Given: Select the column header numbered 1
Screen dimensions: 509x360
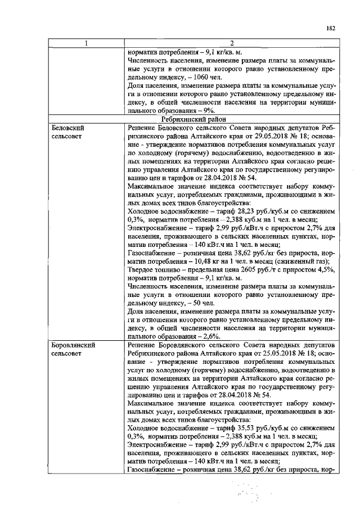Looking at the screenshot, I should pyautogui.click(x=86, y=44).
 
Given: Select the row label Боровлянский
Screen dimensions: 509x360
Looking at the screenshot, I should pyautogui.click(x=72, y=344).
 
